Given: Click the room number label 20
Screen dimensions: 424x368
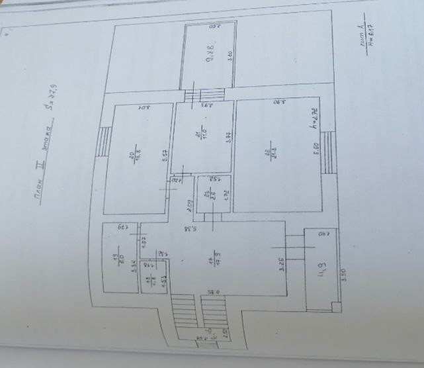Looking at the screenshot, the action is click(132, 156).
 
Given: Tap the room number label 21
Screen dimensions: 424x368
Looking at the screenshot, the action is click(197, 136).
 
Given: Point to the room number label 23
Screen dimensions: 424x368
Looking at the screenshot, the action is click(207, 195).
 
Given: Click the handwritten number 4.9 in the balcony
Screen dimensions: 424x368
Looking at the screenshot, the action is click(321, 270).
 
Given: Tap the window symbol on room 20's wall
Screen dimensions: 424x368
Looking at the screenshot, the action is click(104, 140).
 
